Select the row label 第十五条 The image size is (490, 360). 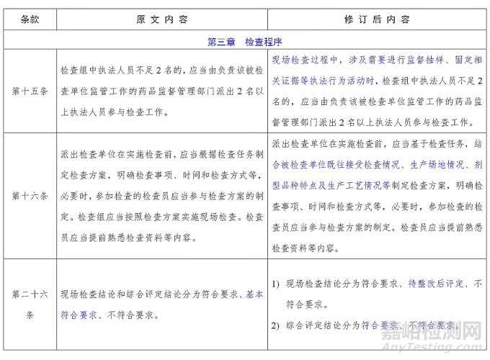30,91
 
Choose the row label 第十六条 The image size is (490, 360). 30,195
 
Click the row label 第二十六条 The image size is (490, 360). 30,305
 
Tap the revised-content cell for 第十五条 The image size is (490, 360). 377,91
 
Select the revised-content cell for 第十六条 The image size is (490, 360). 377,195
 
